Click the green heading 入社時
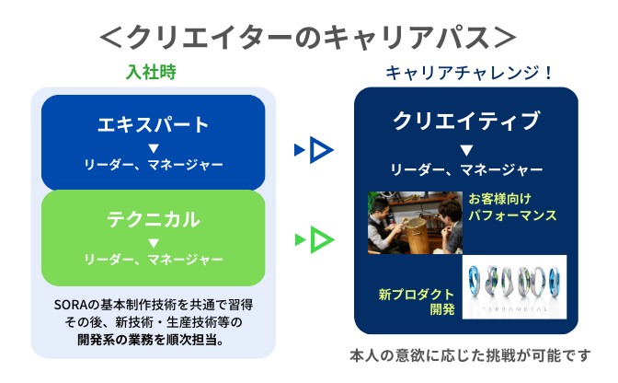(x=151, y=72)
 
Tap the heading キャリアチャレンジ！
(x=469, y=73)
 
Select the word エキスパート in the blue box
(x=153, y=125)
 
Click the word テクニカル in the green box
(x=154, y=220)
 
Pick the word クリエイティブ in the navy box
(x=466, y=121)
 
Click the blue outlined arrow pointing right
(x=321, y=150)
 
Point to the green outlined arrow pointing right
(x=322, y=239)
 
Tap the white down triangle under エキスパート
(x=154, y=148)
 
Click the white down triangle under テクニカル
(x=154, y=242)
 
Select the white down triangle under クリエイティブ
(x=466, y=150)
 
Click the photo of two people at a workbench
(x=415, y=223)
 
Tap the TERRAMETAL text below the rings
(x=514, y=309)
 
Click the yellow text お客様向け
(x=499, y=199)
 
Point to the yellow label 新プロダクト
(x=417, y=295)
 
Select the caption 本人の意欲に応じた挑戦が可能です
(x=470, y=355)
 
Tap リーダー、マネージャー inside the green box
(x=154, y=260)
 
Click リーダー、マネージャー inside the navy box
(x=466, y=170)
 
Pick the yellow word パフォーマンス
(x=512, y=215)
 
